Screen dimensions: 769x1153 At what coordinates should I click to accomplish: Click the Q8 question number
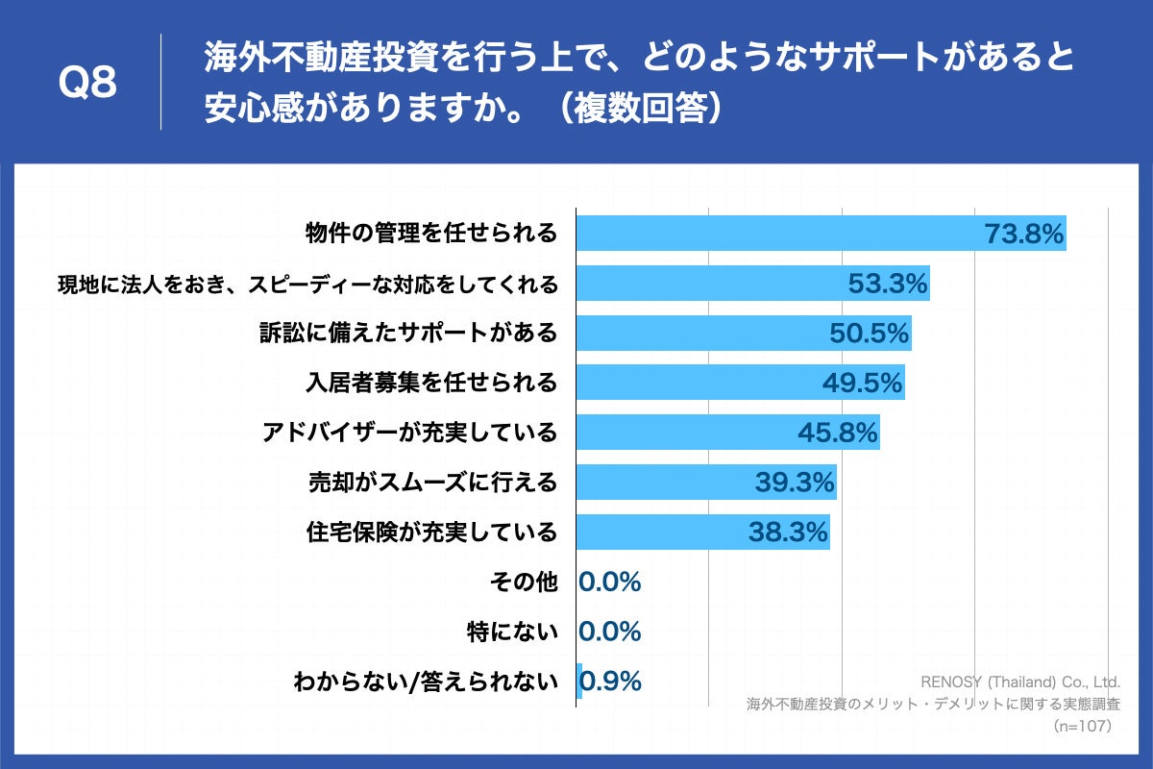pos(87,84)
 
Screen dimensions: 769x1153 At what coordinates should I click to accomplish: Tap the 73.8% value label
pos(1024,234)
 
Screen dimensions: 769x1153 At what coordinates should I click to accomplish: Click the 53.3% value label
pos(888,284)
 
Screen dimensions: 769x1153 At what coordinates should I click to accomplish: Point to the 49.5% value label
pos(862,384)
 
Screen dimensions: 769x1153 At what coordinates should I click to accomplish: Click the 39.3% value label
pos(794,483)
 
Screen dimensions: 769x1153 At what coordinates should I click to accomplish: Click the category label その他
pos(523,582)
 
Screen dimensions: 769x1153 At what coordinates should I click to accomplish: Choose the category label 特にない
pos(511,632)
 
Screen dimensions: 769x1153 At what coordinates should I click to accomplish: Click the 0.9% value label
pos(612,682)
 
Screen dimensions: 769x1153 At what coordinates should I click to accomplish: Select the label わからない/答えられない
pos(426,682)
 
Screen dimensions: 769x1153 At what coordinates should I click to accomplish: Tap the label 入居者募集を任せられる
pos(430,383)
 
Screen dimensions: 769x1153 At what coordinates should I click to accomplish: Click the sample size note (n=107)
pos(1082,725)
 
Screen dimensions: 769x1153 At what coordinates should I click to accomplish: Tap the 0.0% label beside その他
pos(609,582)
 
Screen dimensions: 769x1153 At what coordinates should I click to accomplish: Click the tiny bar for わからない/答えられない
pos(578,682)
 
